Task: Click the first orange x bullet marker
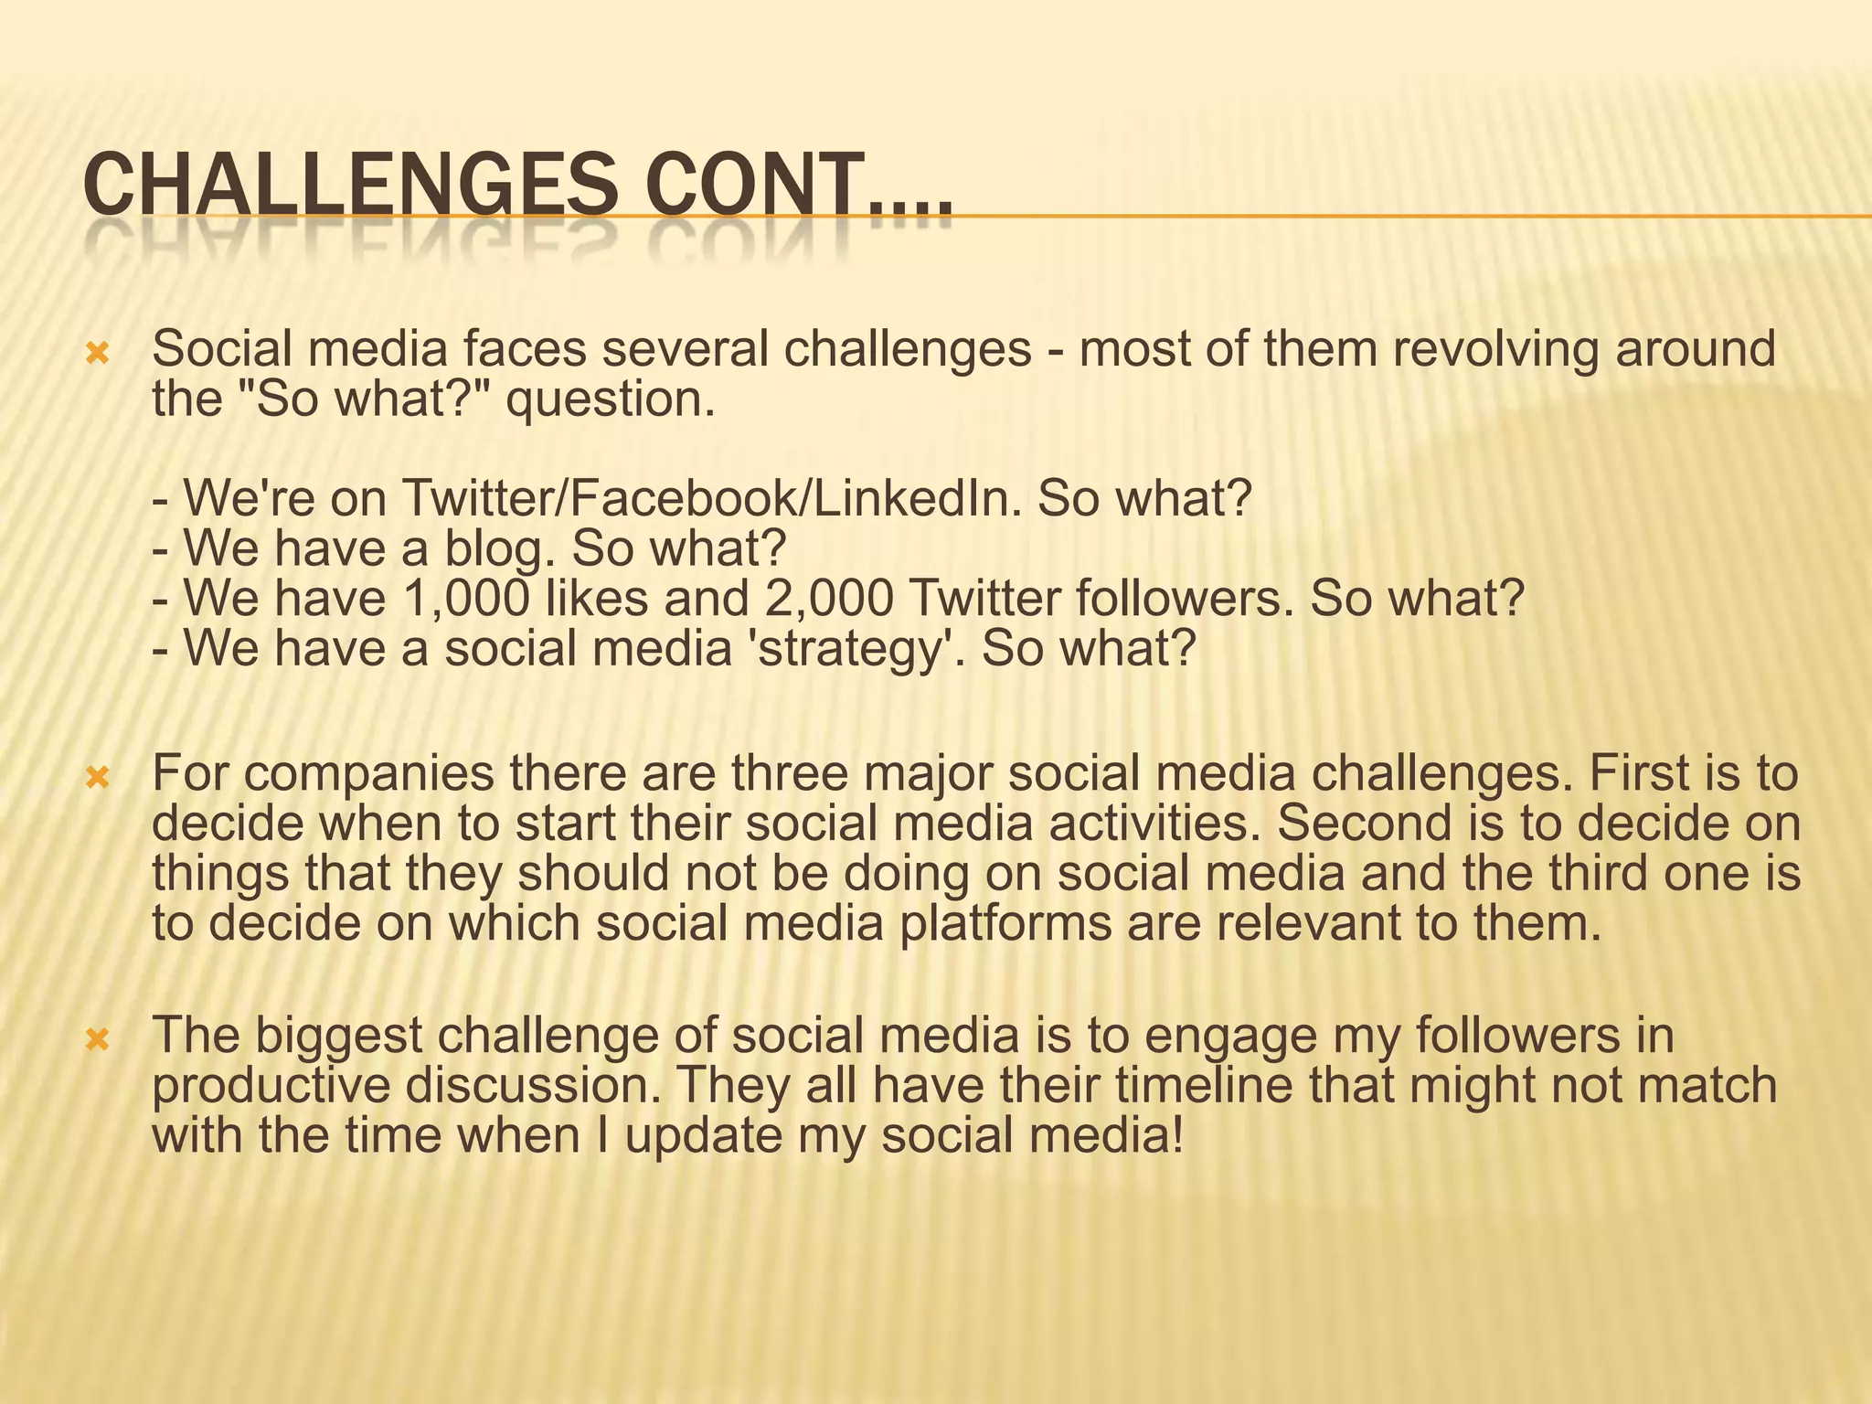point(97,353)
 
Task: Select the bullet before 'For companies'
point(97,778)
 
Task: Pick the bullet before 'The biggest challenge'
point(97,1040)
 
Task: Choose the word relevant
point(1309,924)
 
